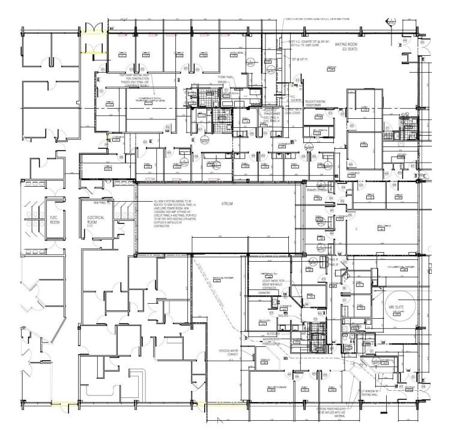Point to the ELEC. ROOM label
[55, 220]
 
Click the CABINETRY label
[266, 292]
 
